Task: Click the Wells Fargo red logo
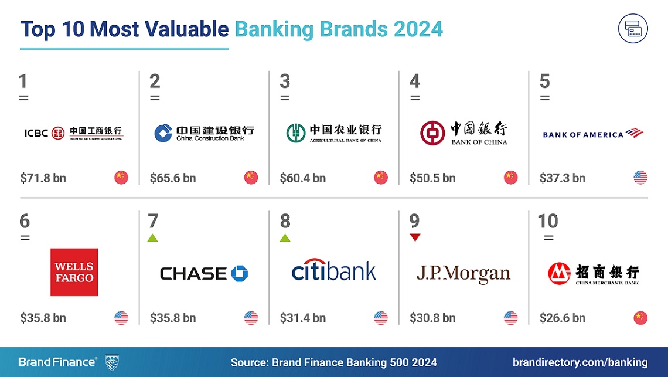pyautogui.click(x=74, y=272)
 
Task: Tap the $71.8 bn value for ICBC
pyautogui.click(x=43, y=178)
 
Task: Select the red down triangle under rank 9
pyautogui.click(x=415, y=237)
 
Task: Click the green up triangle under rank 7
pyautogui.click(x=153, y=237)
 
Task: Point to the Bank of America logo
pyautogui.click(x=593, y=134)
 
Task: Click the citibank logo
pyautogui.click(x=333, y=272)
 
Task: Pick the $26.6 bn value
pyautogui.click(x=562, y=318)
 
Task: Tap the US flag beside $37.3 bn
pyautogui.click(x=640, y=178)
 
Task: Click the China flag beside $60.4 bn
pyautogui.click(x=381, y=178)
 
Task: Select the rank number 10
pyautogui.click(x=548, y=221)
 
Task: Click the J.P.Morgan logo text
pyautogui.click(x=463, y=274)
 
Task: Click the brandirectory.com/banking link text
pyautogui.click(x=580, y=362)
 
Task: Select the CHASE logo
pyautogui.click(x=204, y=273)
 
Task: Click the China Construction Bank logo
pyautogui.click(x=204, y=133)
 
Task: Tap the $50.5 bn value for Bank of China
pyautogui.click(x=432, y=178)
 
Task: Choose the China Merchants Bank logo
pyautogui.click(x=593, y=273)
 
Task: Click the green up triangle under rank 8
pyautogui.click(x=285, y=237)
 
